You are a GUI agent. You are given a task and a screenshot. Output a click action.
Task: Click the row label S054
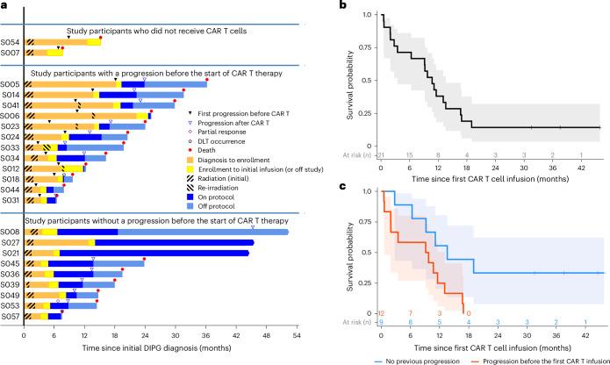click(11, 41)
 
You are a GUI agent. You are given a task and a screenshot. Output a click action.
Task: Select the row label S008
click(11, 232)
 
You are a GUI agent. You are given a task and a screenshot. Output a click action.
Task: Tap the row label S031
click(11, 199)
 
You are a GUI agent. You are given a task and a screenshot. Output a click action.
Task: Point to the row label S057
click(11, 316)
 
